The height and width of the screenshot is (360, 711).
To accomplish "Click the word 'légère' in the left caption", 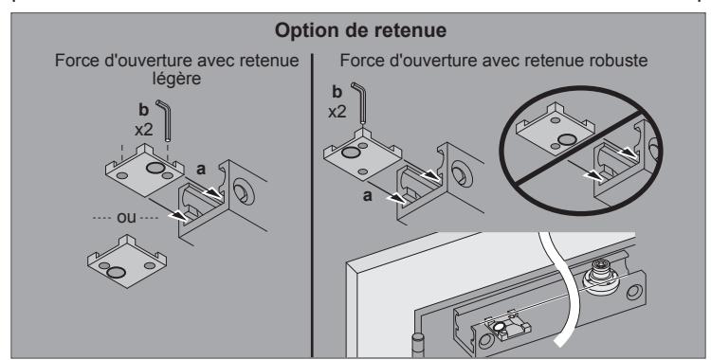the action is [x=176, y=79].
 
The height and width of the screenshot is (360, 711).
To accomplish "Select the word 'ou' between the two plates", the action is [x=126, y=218].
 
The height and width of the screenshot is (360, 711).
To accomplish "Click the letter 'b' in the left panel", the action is [x=143, y=110].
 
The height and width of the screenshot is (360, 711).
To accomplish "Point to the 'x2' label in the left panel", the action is [x=144, y=130].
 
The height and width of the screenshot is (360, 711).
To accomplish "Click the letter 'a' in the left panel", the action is [x=201, y=170].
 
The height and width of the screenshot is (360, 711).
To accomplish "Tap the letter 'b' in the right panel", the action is [x=337, y=92].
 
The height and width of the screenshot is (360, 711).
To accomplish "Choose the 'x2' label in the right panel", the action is [x=337, y=112].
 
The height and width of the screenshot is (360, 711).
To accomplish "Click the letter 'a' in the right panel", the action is [x=368, y=196].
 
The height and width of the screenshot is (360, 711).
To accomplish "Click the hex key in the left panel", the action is [x=165, y=120].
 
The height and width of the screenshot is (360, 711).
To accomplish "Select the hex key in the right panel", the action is [x=360, y=102].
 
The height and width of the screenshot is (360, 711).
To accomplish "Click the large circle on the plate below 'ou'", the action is [x=116, y=273].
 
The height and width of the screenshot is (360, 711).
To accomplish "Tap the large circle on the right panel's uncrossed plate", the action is [x=350, y=153].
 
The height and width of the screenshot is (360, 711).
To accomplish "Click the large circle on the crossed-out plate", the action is [x=567, y=139].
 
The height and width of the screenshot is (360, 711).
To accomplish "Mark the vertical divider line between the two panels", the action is [x=313, y=206].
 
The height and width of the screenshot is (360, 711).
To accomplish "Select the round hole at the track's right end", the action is [x=634, y=292].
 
